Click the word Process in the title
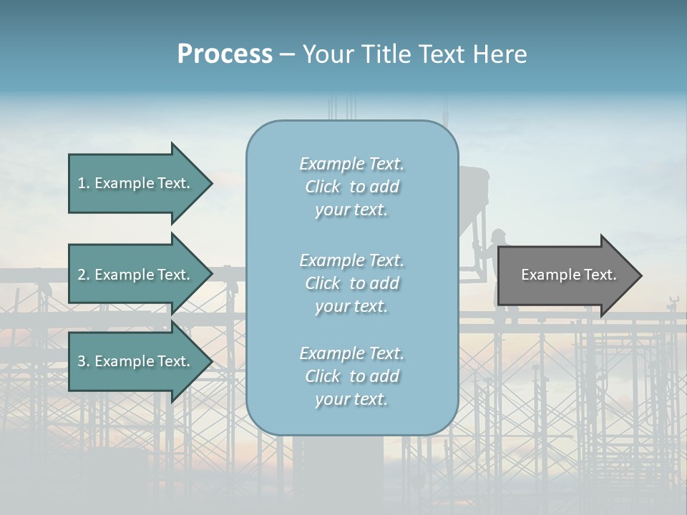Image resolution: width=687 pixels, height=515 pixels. [x=225, y=54]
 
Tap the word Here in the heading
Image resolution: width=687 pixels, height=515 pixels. [x=500, y=54]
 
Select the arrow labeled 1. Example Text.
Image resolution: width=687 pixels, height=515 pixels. [x=136, y=183]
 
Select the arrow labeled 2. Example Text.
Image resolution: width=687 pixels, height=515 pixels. [x=136, y=275]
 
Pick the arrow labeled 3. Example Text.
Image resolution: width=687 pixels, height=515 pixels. [x=136, y=361]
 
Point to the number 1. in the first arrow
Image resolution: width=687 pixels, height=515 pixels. [x=84, y=183]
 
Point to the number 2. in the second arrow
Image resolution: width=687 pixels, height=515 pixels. [x=84, y=275]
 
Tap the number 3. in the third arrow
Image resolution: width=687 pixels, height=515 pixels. [x=84, y=361]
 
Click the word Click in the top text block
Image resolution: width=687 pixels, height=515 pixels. [x=323, y=187]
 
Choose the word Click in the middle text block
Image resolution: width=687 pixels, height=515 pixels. [x=323, y=283]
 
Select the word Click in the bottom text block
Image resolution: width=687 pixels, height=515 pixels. [x=323, y=376]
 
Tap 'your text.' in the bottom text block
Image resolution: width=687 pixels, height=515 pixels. [x=351, y=399]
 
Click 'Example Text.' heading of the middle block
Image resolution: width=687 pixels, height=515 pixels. [x=351, y=260]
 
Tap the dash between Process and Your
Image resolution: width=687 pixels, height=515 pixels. [x=287, y=55]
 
